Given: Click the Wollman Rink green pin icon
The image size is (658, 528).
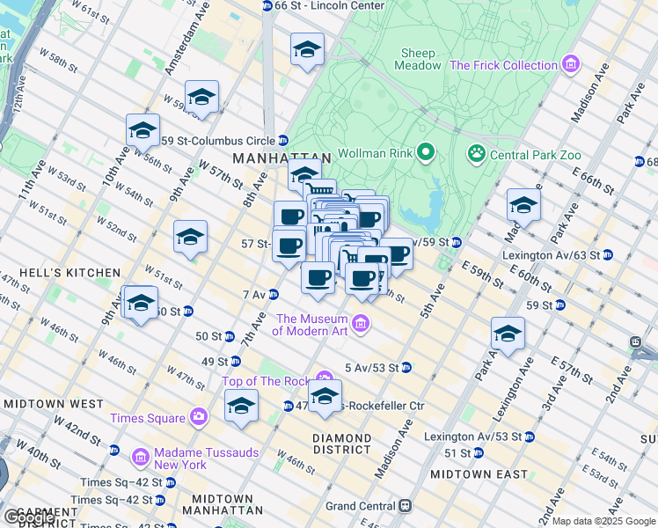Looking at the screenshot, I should [x=427, y=153].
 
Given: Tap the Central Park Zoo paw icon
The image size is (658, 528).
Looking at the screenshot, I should [x=477, y=154].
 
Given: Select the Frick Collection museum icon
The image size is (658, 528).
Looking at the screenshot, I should [x=572, y=65].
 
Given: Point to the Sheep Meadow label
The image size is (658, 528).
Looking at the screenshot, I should [x=419, y=59].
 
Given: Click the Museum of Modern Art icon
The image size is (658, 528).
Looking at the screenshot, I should [x=360, y=326].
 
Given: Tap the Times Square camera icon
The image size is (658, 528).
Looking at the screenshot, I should [x=200, y=416].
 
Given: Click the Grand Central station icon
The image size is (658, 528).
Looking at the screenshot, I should [x=405, y=506].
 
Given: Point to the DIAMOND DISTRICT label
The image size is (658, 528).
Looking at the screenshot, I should [x=342, y=444].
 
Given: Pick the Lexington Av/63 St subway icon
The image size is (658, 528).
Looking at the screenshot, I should [x=607, y=254].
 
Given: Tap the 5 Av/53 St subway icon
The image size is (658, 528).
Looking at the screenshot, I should [x=406, y=367].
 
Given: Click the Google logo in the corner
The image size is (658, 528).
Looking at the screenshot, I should [x=29, y=517].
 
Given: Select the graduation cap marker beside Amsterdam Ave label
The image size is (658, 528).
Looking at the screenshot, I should [x=201, y=99].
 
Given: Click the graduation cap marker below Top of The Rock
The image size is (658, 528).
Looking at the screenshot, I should [x=325, y=397].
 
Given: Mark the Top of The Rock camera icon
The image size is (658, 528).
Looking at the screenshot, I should [x=325, y=378].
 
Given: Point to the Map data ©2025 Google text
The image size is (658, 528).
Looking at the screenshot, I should [x=603, y=521].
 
